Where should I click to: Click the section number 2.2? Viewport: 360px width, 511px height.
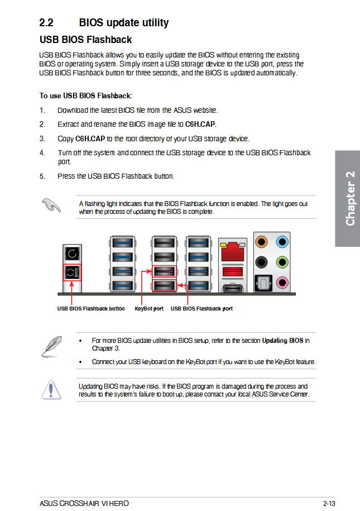click(x=46, y=22)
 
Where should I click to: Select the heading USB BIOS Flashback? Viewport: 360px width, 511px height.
click(x=86, y=40)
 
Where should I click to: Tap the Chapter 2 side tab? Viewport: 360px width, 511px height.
click(x=348, y=198)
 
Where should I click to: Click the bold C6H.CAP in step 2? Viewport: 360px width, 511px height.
click(x=200, y=124)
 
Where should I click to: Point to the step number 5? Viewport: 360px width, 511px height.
click(x=42, y=176)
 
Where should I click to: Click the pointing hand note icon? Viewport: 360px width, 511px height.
click(x=51, y=205)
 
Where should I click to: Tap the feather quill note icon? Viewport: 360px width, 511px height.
click(x=51, y=346)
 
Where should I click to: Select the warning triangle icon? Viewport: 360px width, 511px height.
click(x=51, y=390)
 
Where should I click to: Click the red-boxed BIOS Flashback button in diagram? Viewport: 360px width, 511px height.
click(x=72, y=273)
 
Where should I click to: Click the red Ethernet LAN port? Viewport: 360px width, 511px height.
click(x=232, y=251)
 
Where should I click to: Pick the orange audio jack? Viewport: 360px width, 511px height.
click(x=261, y=242)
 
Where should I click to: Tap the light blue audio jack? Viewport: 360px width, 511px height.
click(x=282, y=242)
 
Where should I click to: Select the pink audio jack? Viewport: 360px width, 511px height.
click(x=282, y=283)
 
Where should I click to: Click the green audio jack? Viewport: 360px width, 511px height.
click(x=282, y=262)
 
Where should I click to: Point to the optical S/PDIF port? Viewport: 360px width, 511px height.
click(x=263, y=283)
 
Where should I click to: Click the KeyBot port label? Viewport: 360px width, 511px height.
click(x=149, y=309)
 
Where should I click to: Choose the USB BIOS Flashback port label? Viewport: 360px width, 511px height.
click(x=201, y=309)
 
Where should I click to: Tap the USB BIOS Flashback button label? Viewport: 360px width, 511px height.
click(x=91, y=309)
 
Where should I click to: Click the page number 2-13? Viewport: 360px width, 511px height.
click(x=329, y=503)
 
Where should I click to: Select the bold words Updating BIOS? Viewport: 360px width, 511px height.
click(x=283, y=341)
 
